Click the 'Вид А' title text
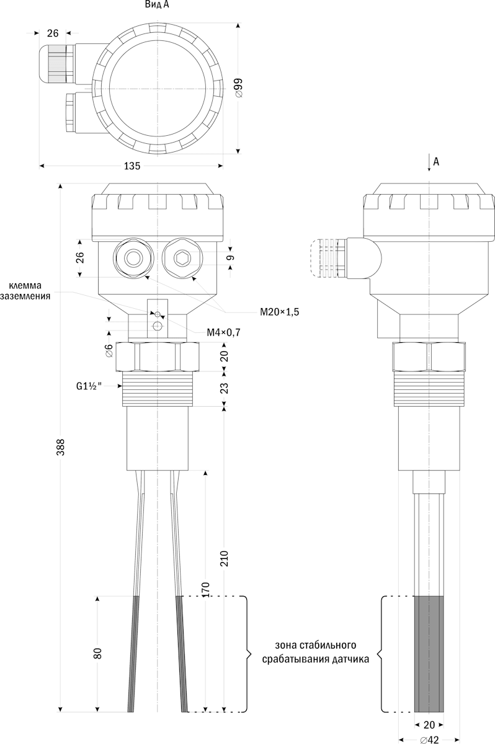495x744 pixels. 157,5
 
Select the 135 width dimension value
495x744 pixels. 132,166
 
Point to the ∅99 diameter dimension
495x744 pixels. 239,88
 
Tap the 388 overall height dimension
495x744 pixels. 60,447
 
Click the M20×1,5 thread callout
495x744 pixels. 279,312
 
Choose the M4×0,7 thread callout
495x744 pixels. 223,332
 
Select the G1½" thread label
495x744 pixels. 89,386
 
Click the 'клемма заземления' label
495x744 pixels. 25,291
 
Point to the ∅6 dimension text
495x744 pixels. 109,351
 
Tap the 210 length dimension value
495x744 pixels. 225,559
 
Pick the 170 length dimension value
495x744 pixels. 206,590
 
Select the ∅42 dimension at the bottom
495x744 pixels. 429,739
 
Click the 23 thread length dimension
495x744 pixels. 225,388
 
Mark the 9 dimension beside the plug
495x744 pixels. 231,257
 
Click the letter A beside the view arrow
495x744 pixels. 436,162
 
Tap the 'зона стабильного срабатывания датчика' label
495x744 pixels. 316,652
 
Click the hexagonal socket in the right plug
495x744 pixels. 182,258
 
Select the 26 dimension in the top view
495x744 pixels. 53,33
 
